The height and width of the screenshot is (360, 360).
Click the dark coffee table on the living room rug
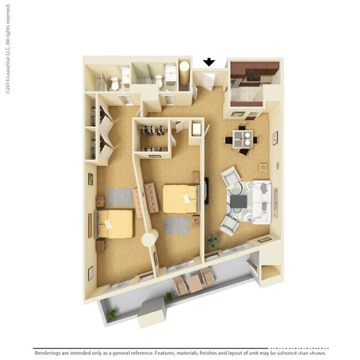[239, 202]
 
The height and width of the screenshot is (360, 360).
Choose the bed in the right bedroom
[180, 198]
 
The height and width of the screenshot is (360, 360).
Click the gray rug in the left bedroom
[120, 196]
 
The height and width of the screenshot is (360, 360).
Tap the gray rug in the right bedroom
[177, 225]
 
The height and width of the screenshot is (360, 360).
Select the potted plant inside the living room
[212, 241]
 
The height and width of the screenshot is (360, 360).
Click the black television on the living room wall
[206, 191]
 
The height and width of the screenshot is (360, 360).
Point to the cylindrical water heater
[184, 73]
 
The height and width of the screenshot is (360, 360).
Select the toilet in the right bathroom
[158, 81]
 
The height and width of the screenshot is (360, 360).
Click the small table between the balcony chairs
[194, 284]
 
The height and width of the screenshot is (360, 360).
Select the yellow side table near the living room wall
[263, 167]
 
